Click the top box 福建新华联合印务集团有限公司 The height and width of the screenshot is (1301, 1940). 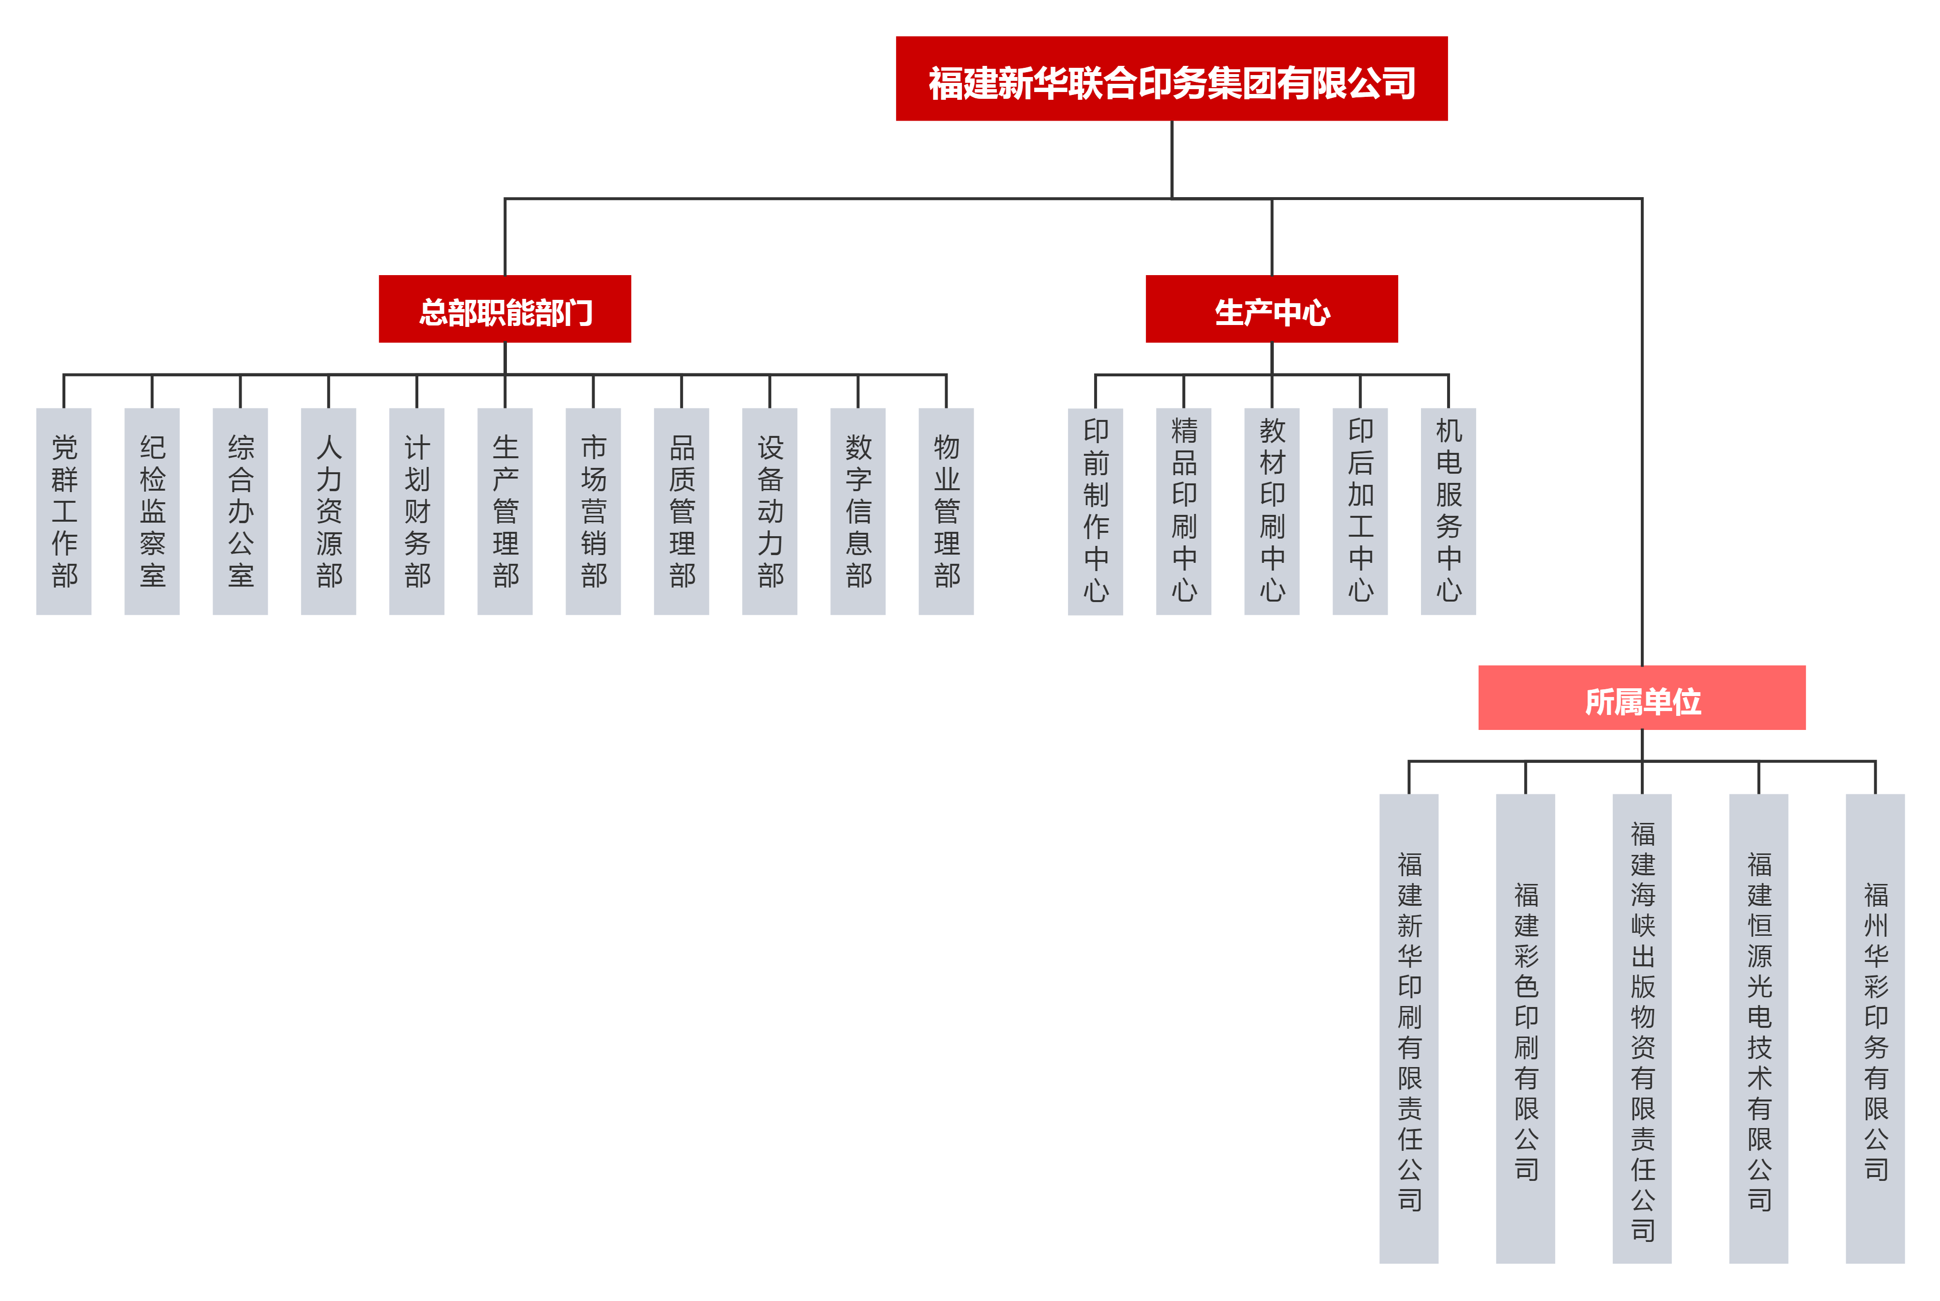coord(1171,79)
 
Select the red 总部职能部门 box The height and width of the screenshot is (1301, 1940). coord(504,310)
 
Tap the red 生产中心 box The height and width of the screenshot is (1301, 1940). coord(1271,310)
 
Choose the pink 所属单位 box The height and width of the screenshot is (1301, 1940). coord(1641,698)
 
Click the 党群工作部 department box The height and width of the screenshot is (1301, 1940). coord(64,511)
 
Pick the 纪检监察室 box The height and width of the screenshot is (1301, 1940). coord(152,511)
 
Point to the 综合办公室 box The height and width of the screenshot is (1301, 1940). coord(241,511)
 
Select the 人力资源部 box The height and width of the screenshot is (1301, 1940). coord(328,511)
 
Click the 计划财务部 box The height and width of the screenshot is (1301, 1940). coord(416,511)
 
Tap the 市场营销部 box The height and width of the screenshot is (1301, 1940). coord(593,511)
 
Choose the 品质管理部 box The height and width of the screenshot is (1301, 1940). coord(681,511)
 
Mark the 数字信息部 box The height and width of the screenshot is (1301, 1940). coord(857,511)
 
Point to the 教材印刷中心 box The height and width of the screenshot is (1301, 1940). coord(1271,511)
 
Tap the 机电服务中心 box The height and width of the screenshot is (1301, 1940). coord(1448,511)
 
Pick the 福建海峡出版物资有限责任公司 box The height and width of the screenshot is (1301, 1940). coord(1641,1029)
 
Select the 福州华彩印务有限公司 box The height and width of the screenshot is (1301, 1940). coord(1875,1029)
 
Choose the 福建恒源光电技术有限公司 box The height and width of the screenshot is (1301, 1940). coord(1758,1029)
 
